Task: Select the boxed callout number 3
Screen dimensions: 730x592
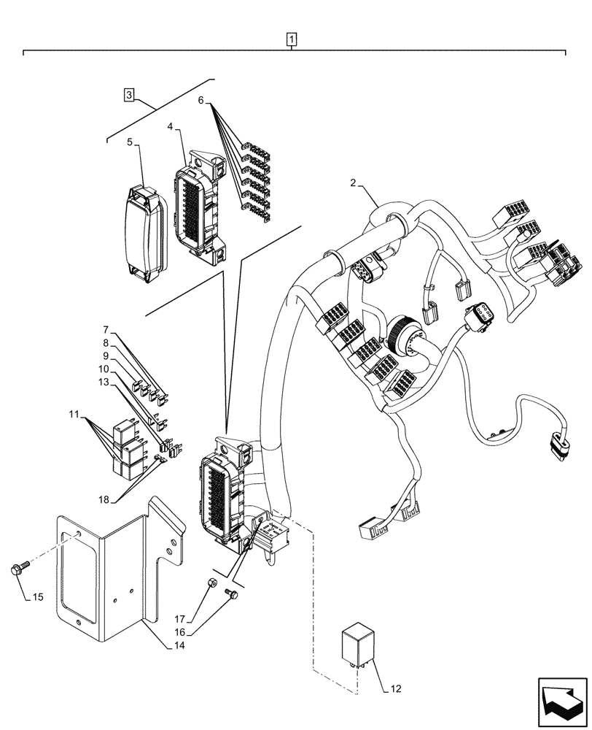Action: (128, 94)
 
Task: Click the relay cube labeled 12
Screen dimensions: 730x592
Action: (357, 645)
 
